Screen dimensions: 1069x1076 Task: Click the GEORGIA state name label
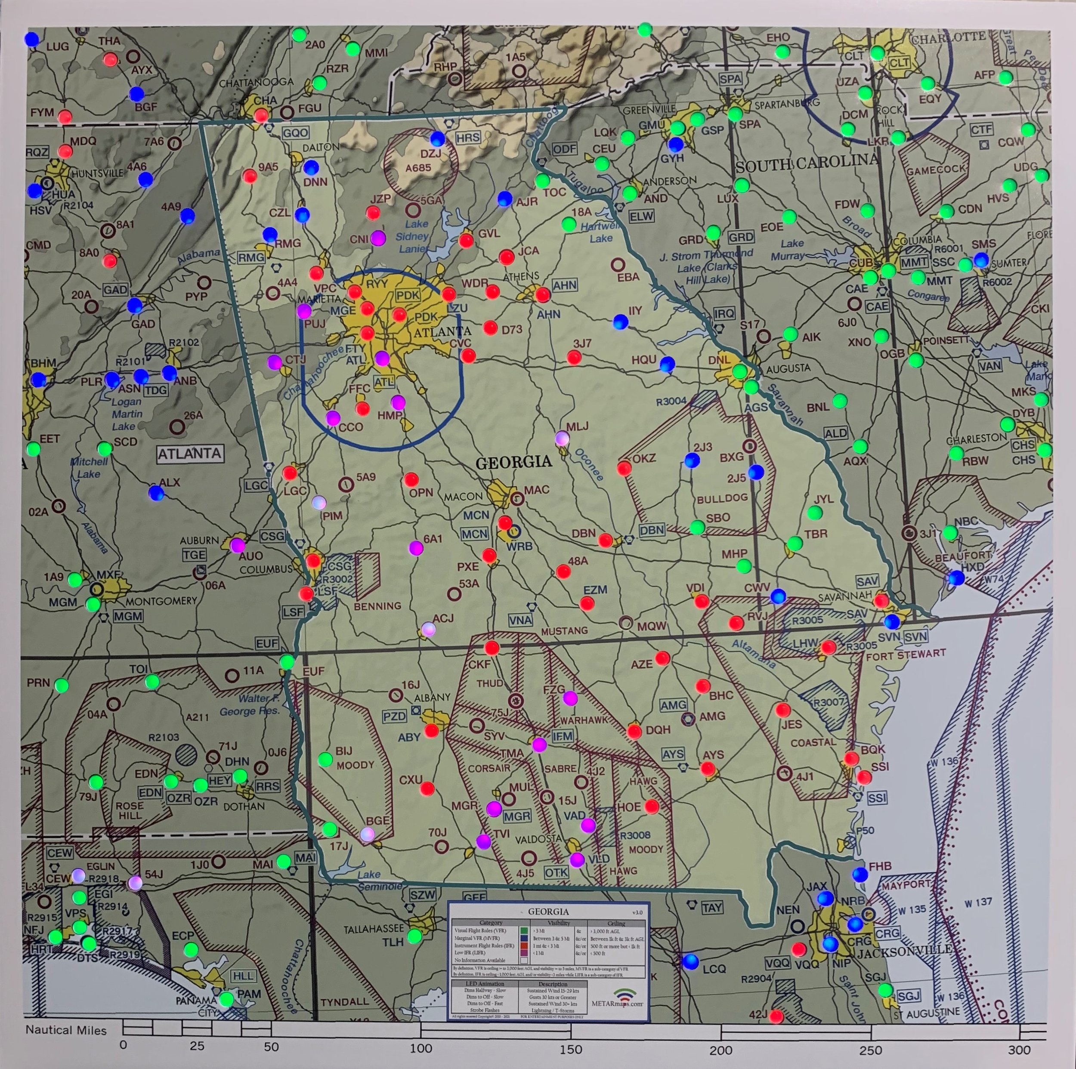513,462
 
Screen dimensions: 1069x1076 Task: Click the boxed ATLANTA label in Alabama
189,454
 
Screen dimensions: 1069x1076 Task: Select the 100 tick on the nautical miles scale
421,1049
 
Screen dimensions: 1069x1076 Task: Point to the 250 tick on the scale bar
871,1050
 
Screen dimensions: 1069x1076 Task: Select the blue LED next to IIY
621,322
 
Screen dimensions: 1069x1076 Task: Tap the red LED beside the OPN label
411,479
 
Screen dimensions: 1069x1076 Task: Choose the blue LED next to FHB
860,874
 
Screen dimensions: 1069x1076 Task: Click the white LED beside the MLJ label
563,438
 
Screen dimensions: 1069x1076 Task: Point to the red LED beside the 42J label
776,1016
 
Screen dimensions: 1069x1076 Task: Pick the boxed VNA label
519,620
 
